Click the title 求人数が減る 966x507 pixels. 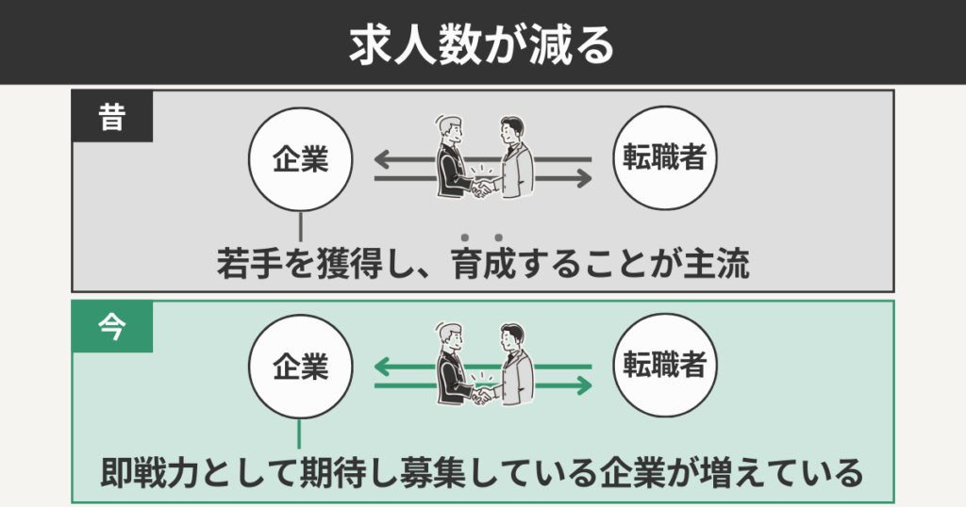(x=483, y=43)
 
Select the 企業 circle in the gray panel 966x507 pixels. (x=300, y=159)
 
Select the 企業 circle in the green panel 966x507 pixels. (x=300, y=368)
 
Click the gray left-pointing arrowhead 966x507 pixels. (x=382, y=158)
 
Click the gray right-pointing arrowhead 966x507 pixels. (x=584, y=176)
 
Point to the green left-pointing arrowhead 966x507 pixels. (x=382, y=367)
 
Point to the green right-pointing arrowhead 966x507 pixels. (x=584, y=384)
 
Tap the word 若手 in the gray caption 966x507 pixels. (x=247, y=265)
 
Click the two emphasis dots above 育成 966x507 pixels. (x=481, y=237)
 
